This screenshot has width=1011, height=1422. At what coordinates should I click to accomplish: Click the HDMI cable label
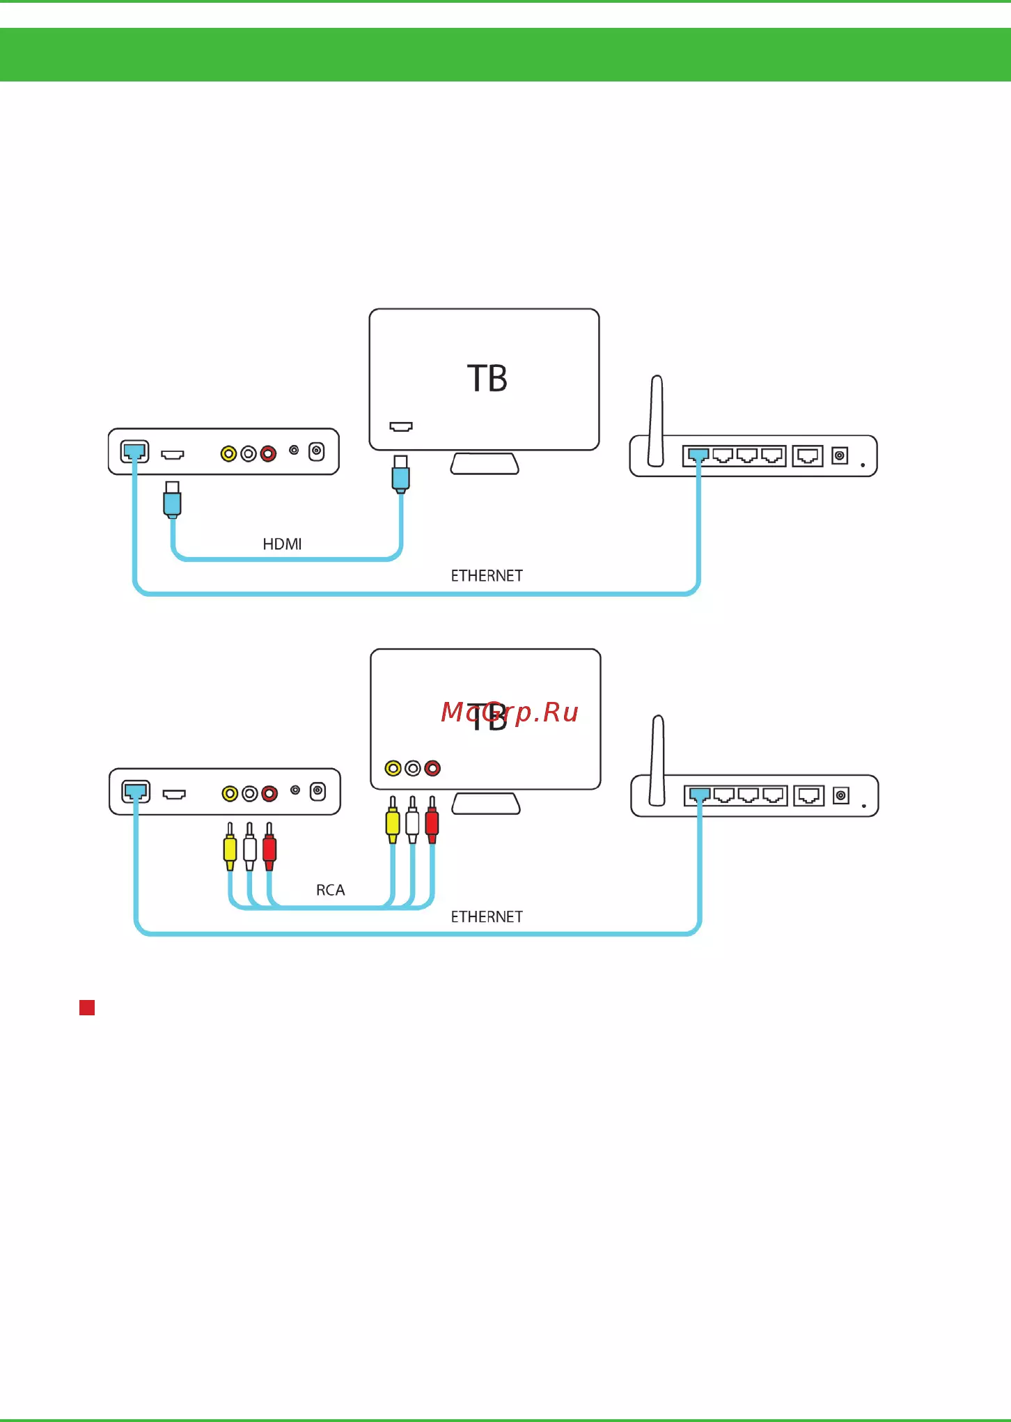[x=282, y=544]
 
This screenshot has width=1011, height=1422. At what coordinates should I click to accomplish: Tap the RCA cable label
[x=330, y=890]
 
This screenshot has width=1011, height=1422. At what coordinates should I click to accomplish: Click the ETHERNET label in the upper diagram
[x=487, y=576]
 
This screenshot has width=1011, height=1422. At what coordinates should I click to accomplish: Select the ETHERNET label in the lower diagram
[x=487, y=917]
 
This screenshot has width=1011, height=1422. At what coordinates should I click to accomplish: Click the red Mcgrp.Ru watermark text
[x=510, y=712]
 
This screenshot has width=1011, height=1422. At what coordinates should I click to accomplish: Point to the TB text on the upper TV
[x=487, y=379]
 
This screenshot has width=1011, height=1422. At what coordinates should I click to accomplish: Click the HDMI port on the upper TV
[x=401, y=426]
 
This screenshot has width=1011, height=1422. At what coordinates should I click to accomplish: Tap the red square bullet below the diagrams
[x=87, y=1008]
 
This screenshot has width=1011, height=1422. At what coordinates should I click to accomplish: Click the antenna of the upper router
[x=656, y=421]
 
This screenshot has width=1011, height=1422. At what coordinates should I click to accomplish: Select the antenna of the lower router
[x=657, y=761]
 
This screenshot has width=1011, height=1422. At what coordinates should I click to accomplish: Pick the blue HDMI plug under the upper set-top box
[x=172, y=499]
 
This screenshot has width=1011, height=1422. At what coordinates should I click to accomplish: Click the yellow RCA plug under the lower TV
[x=393, y=820]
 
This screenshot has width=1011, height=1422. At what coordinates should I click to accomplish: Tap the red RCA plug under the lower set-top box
[x=269, y=847]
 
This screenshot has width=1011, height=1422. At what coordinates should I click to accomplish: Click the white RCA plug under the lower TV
[x=412, y=820]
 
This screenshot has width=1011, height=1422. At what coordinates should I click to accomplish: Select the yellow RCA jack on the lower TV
[x=393, y=768]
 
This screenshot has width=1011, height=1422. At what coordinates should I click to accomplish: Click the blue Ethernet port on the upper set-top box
[x=134, y=452]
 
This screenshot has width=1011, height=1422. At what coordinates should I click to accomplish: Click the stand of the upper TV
[x=485, y=464]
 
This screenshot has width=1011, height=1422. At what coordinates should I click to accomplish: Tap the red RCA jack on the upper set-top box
[x=268, y=454]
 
